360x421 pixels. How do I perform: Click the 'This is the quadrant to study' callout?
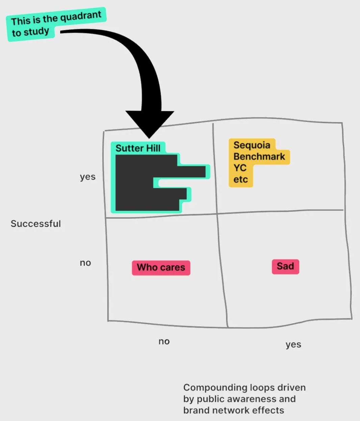(56, 24)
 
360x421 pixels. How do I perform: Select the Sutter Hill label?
(138, 148)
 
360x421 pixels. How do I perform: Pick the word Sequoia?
(252, 145)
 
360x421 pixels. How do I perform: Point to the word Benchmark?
(259, 157)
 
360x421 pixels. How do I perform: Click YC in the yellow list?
(240, 168)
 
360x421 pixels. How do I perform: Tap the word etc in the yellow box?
(240, 179)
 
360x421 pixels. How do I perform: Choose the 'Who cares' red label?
(161, 268)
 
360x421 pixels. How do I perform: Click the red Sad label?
(285, 266)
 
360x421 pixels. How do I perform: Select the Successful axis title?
(36, 224)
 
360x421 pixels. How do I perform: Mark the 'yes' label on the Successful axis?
(88, 177)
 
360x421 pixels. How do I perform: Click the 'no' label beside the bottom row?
(85, 263)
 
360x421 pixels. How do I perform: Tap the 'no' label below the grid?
(164, 341)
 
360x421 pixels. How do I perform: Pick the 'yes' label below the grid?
(293, 344)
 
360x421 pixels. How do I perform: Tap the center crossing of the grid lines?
(217, 214)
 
